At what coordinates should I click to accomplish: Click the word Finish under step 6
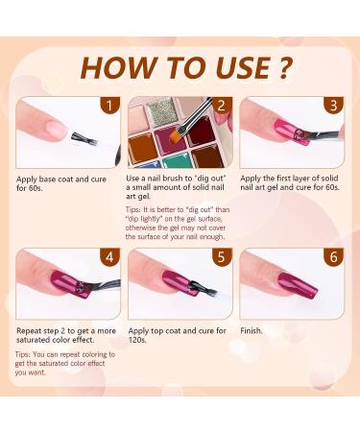coord(252,331)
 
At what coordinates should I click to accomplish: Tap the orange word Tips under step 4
coord(24,354)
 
